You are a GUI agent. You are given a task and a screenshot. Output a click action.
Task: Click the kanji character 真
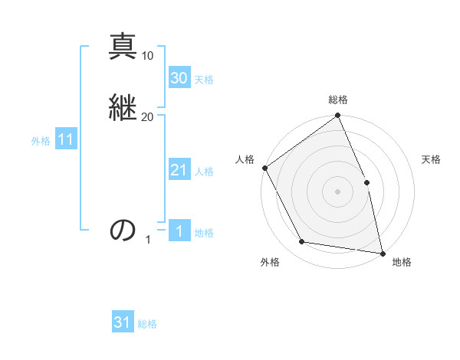(x=123, y=46)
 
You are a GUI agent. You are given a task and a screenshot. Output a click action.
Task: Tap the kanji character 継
(x=123, y=106)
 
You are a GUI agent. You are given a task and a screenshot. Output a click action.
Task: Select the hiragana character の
(x=123, y=230)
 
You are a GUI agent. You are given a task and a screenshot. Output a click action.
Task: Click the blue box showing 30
(x=179, y=77)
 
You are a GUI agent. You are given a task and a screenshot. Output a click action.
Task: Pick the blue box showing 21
(x=179, y=170)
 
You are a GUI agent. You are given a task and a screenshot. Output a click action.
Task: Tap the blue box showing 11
(x=65, y=140)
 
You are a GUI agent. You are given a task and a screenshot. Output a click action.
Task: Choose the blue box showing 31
(x=123, y=322)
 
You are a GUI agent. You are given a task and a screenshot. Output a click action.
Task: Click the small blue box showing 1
(x=179, y=231)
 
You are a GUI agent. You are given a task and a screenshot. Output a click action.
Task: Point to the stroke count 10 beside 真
(x=148, y=55)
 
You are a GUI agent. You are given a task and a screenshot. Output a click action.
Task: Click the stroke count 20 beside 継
(x=148, y=116)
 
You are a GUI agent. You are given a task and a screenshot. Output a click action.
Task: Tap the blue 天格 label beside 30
(x=204, y=80)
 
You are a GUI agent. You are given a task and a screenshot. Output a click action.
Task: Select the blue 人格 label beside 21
(x=204, y=172)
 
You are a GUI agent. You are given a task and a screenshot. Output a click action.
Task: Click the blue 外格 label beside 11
(x=41, y=141)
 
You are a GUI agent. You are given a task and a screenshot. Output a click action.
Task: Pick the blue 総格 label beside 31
(x=147, y=324)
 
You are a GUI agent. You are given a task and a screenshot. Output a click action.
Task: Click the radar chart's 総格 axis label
(x=338, y=100)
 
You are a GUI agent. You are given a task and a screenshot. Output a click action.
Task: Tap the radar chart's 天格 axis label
(x=432, y=159)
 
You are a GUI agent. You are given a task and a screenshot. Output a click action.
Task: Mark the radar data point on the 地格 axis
(x=383, y=253)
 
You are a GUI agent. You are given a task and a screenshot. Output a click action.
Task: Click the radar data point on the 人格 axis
(x=264, y=168)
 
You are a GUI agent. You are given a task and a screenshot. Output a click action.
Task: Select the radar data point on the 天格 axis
(x=366, y=182)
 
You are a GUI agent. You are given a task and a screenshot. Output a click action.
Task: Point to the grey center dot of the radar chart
(x=337, y=191)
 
